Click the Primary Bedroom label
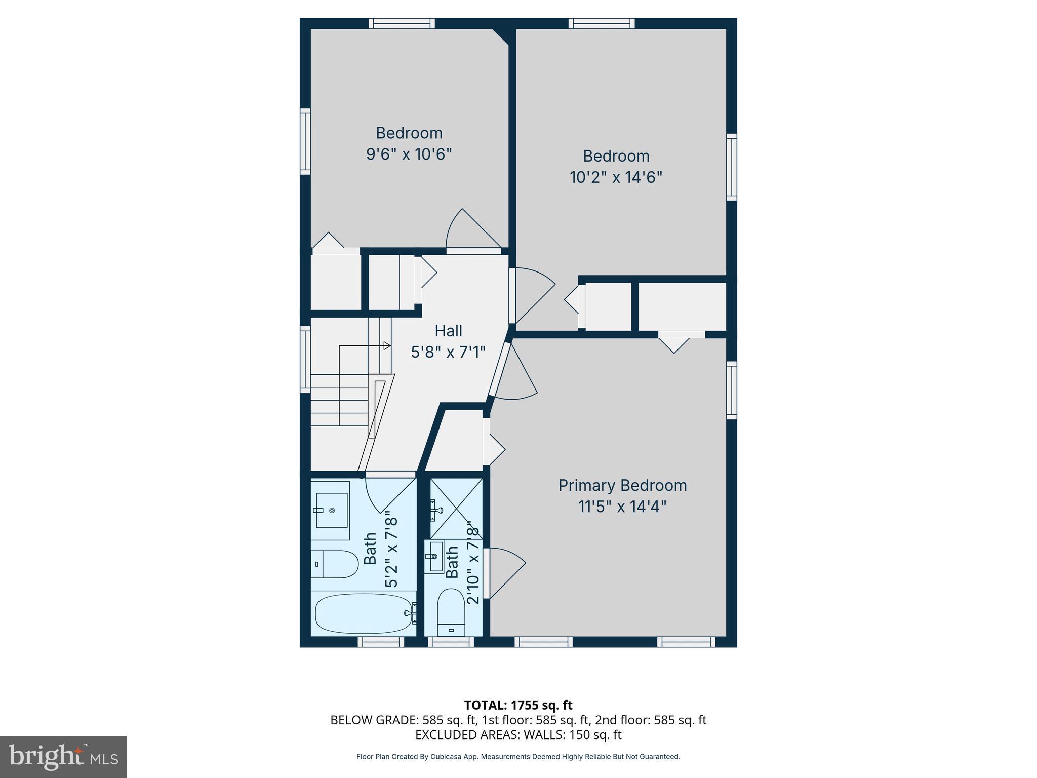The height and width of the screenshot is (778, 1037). [622, 485]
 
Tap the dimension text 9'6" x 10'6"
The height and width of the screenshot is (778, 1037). [409, 154]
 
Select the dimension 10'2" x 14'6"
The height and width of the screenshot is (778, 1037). [616, 177]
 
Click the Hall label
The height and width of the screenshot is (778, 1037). [448, 331]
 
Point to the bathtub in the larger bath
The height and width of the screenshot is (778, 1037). [363, 613]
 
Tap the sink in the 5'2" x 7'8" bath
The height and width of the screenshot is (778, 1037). [331, 510]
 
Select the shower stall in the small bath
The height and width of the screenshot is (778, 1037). [456, 508]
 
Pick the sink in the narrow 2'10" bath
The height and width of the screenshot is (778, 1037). [434, 557]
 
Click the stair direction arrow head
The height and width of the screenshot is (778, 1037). [387, 346]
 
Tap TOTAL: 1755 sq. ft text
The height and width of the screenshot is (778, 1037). [518, 705]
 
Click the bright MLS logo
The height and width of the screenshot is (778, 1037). [63, 757]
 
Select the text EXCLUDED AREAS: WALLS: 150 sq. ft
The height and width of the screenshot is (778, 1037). [518, 734]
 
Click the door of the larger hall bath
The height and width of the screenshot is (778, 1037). [389, 494]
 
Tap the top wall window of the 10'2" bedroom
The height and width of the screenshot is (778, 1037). [602, 23]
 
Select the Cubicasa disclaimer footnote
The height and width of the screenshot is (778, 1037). [518, 757]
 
